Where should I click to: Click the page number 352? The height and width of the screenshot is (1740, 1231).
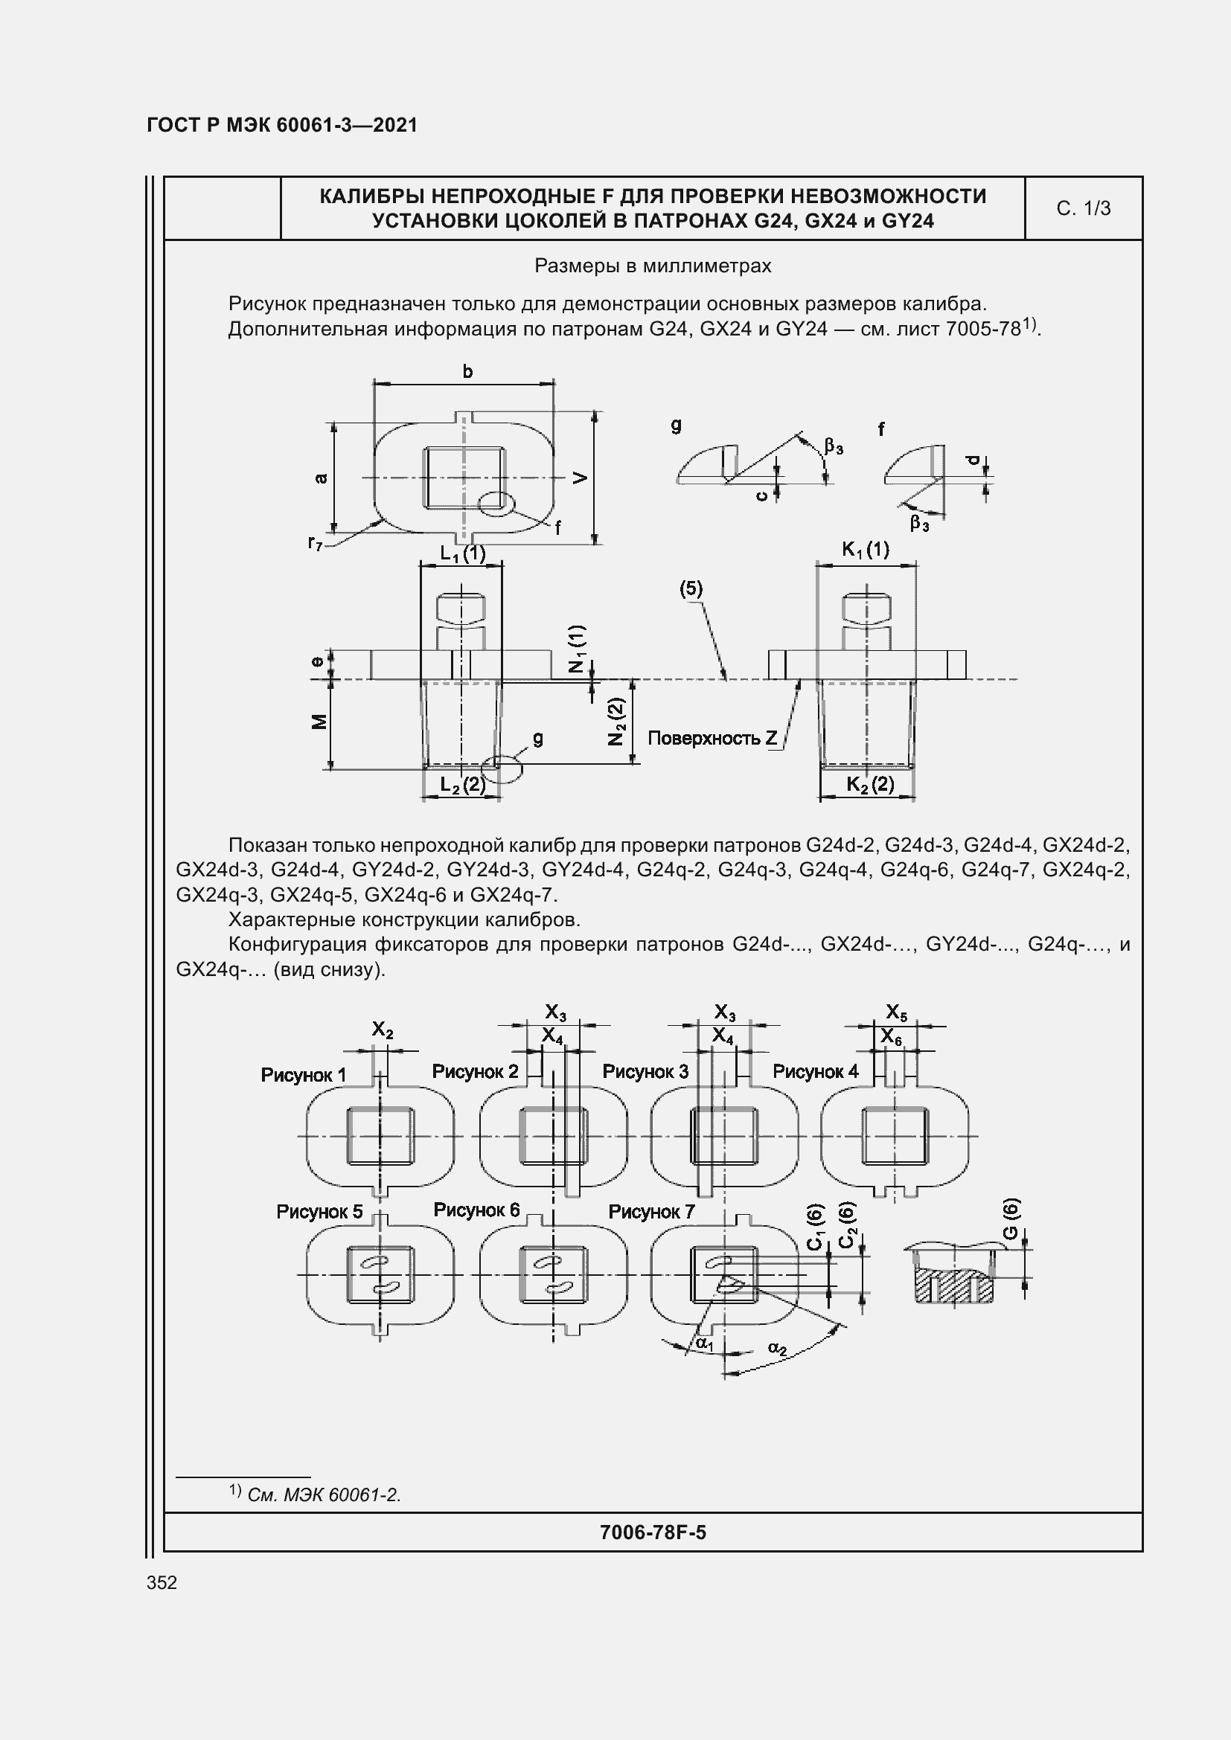pyautogui.click(x=162, y=1582)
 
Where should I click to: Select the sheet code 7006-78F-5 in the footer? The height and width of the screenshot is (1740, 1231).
pyautogui.click(x=653, y=1532)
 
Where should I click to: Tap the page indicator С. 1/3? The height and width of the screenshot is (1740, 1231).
pyautogui.click(x=1083, y=208)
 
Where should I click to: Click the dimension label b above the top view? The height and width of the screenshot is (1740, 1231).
pyautogui.click(x=467, y=371)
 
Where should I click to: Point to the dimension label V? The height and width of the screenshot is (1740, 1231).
pyautogui.click(x=580, y=478)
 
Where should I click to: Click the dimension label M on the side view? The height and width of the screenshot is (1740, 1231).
pyautogui.click(x=321, y=722)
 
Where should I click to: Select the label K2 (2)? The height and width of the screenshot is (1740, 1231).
pyautogui.click(x=870, y=784)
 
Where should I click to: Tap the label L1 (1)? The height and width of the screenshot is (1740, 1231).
pyautogui.click(x=462, y=554)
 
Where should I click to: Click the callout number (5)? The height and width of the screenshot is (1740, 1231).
pyautogui.click(x=691, y=589)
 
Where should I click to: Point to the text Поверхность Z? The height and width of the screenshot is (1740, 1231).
pyautogui.click(x=712, y=738)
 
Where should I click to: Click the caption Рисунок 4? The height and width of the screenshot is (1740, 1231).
pyautogui.click(x=816, y=1071)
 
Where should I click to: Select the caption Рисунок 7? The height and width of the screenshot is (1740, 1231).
pyautogui.click(x=651, y=1212)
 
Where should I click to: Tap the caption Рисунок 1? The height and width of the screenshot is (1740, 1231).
pyautogui.click(x=303, y=1075)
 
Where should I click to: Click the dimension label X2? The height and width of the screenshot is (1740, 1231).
pyautogui.click(x=382, y=1030)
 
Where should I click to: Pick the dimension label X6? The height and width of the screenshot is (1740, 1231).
pyautogui.click(x=892, y=1037)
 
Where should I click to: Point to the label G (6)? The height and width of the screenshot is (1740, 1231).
pyautogui.click(x=1011, y=1219)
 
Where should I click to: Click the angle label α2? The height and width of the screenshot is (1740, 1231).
pyautogui.click(x=777, y=1348)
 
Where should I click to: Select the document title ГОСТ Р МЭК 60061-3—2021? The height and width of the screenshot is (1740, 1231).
pyautogui.click(x=282, y=126)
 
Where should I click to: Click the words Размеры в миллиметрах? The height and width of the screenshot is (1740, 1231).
pyautogui.click(x=653, y=266)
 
